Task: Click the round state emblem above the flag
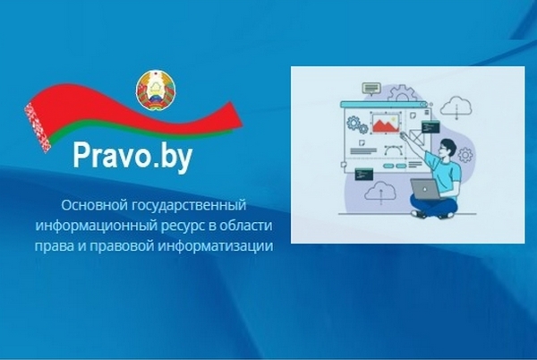[156, 90]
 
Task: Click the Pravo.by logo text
[132, 157]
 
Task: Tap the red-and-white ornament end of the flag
[38, 127]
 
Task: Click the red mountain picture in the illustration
[386, 124]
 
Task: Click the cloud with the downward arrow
[456, 107]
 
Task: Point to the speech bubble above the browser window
[371, 89]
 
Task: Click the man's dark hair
[448, 144]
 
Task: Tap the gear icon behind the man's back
[465, 155]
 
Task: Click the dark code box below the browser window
[363, 174]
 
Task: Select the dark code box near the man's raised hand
[430, 127]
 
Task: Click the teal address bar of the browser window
[384, 104]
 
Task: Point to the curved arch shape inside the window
[393, 151]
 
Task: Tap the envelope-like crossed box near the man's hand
[417, 137]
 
